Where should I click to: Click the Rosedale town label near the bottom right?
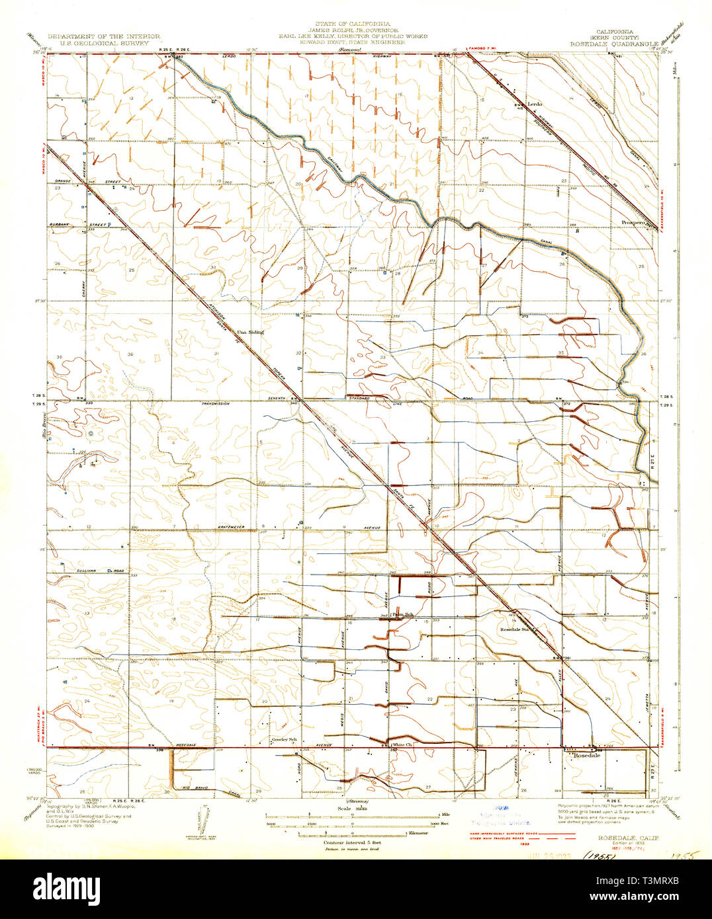click(586, 755)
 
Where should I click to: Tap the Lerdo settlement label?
click(535, 104)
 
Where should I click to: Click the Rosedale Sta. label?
click(516, 629)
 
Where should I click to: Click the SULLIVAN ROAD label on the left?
click(91, 569)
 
